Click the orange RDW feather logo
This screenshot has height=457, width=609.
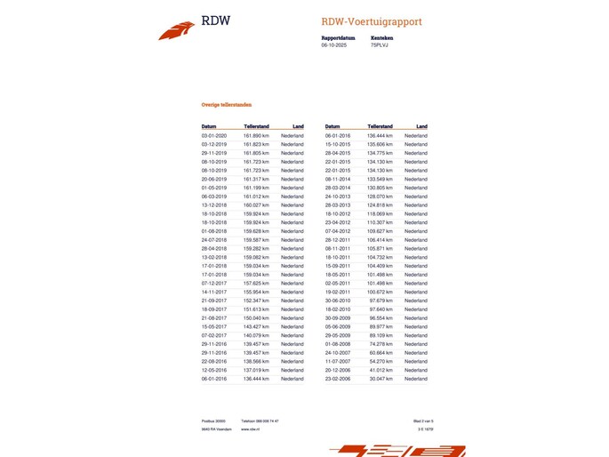click(x=176, y=31)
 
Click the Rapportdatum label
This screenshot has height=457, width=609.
click(x=339, y=38)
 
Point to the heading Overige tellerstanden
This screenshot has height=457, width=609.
click(x=228, y=104)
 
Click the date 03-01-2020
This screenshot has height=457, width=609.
click(x=214, y=135)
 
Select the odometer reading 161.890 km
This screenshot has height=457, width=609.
click(x=256, y=135)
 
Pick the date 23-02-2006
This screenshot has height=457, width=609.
click(x=338, y=379)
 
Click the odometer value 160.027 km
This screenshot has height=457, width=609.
click(x=256, y=205)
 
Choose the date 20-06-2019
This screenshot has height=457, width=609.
click(x=214, y=179)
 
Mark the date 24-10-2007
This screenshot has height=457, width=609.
click(x=338, y=352)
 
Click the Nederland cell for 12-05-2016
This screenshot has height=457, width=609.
click(x=292, y=370)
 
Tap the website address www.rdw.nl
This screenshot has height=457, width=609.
click(x=250, y=429)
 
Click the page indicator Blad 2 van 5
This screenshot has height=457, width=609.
click(x=423, y=421)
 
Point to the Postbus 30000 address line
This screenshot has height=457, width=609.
click(x=213, y=421)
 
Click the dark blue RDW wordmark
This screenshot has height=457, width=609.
click(x=215, y=21)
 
